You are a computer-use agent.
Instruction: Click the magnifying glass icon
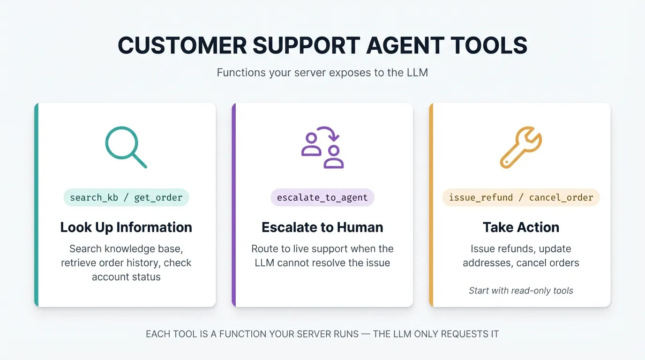pos(125,146)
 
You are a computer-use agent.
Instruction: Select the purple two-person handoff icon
pos(322,147)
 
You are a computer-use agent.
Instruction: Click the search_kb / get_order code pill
pos(126,197)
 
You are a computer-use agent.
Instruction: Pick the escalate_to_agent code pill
pos(322,197)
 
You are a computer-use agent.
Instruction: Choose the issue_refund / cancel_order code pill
pos(521,197)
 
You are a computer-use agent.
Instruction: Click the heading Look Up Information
pos(126,227)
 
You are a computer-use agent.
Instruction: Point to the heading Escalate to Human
pos(322,227)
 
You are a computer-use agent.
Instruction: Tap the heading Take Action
pos(521,227)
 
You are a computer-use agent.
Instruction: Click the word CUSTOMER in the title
pos(182,46)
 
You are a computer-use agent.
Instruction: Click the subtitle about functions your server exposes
pos(322,73)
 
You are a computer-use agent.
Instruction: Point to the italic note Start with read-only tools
pos(521,291)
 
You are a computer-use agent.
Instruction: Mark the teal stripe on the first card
pos(37,205)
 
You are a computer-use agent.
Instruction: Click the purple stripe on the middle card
pos(234,205)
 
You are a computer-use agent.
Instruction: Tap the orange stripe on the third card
pos(431,205)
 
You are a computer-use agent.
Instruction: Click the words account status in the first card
pos(126,277)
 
